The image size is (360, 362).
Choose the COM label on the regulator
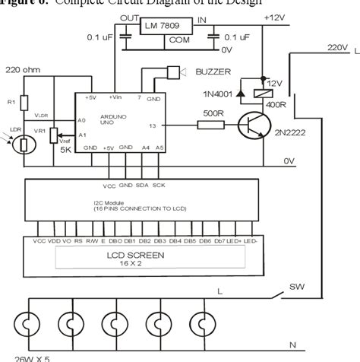point(179,39)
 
